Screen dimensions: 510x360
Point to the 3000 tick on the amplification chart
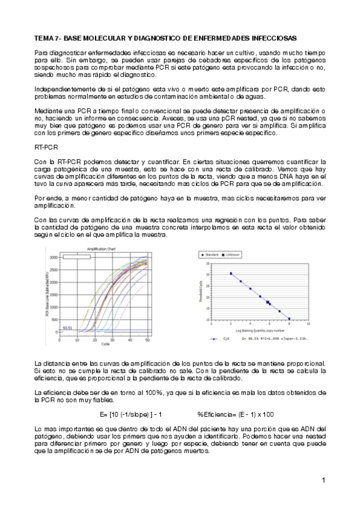53,257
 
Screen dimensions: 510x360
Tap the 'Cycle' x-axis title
105,344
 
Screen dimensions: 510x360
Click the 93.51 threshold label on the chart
67,328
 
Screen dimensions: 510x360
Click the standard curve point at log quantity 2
231,274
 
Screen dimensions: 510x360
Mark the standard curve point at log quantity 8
289,319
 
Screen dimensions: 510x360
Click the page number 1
323,480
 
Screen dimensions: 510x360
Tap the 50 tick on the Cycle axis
148,340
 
